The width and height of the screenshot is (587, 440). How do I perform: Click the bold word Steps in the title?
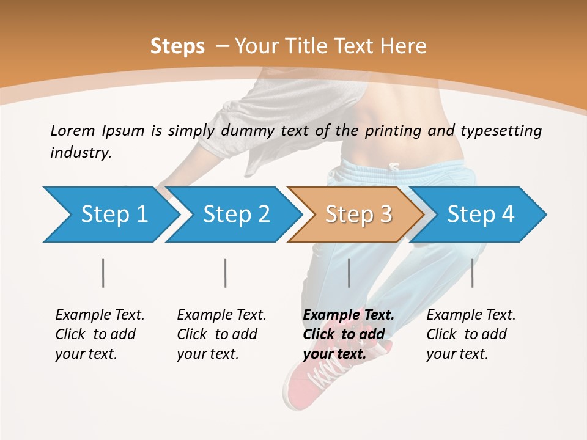[x=177, y=46]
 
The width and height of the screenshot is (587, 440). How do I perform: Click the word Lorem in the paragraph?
[x=72, y=130]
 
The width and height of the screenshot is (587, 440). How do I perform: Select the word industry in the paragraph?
[x=80, y=152]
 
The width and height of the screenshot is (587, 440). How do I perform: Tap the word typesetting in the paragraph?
[x=501, y=131]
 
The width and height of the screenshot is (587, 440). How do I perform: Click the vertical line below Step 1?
[x=103, y=273]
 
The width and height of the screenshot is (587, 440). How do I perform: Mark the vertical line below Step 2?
[x=226, y=273]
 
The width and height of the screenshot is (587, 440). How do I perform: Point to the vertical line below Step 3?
[x=349, y=273]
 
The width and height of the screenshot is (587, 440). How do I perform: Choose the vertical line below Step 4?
[x=472, y=273]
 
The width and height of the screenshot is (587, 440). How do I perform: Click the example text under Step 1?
[x=100, y=334]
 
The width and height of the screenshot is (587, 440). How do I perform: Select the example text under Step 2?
[x=221, y=334]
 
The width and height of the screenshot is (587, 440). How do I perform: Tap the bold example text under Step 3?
[x=348, y=334]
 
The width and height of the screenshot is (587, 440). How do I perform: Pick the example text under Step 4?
[x=471, y=334]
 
